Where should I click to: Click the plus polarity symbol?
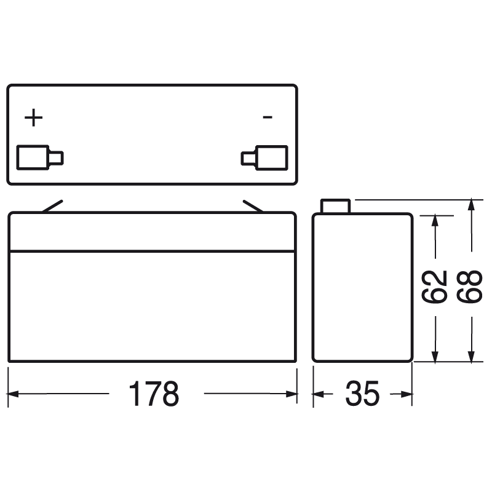pyautogui.click(x=34, y=117)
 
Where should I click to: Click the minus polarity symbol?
pyautogui.click(x=268, y=117)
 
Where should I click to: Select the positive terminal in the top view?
pyautogui.click(x=40, y=157)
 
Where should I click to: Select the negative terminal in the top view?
pyautogui.click(x=264, y=158)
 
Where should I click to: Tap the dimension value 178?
pyautogui.click(x=154, y=394)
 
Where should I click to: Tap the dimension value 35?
pyautogui.click(x=362, y=394)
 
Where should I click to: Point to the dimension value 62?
pyautogui.click(x=434, y=287)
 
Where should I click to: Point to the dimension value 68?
pyautogui.click(x=469, y=287)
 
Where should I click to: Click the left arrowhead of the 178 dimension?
pyautogui.click(x=13, y=394)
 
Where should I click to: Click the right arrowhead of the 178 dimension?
pyautogui.click(x=292, y=394)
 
